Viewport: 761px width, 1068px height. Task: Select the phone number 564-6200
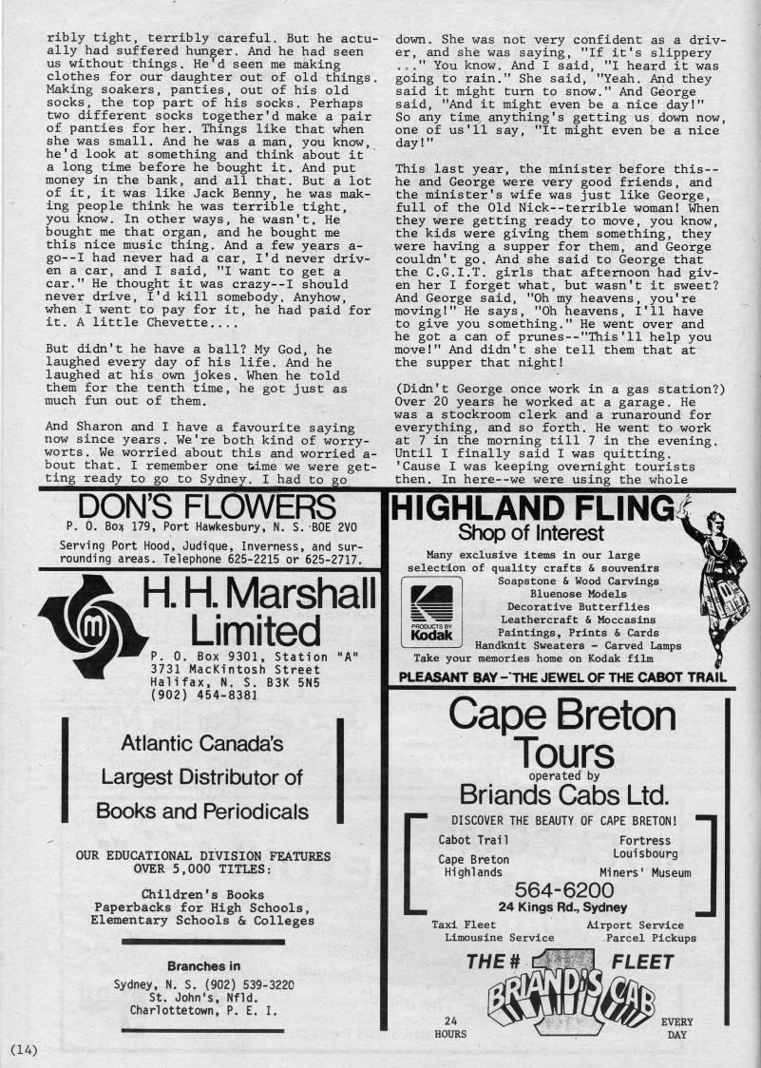point(563,889)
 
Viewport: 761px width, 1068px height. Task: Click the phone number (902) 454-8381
point(202,695)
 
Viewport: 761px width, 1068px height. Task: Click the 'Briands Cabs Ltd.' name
point(562,793)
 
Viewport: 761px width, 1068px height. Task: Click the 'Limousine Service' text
point(499,937)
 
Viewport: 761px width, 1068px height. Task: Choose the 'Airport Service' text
point(635,925)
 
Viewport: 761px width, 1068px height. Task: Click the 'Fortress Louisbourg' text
point(645,847)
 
